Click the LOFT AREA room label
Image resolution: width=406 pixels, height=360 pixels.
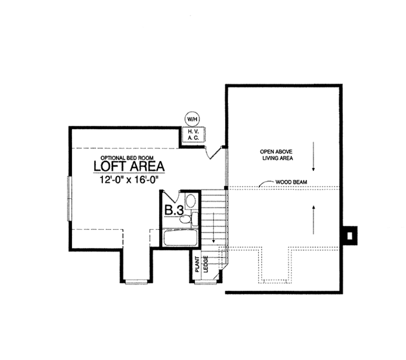coord(129,166)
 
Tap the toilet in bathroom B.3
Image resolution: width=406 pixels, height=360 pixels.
coord(185,219)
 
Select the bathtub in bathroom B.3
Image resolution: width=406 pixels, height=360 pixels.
coord(180,238)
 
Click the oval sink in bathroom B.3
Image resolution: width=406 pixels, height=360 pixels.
coord(191,201)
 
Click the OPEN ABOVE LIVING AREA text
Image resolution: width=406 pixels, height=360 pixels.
coord(276,155)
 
